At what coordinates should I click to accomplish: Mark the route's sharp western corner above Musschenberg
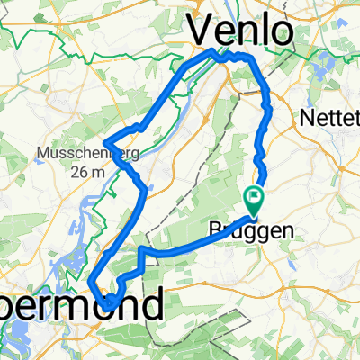coord(106,142)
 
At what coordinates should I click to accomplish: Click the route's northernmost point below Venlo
coord(217,51)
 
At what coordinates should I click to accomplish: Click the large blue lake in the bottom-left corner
coord(18,337)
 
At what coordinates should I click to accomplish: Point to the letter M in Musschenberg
coord(42,154)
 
